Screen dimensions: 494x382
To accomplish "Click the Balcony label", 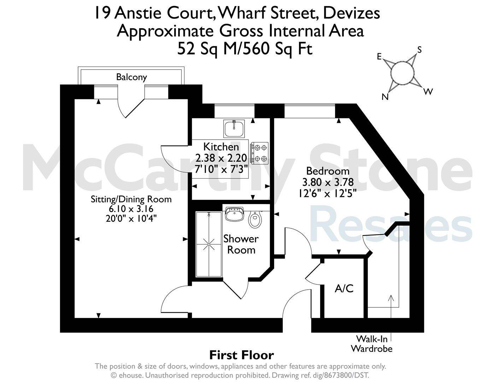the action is pos(131,77).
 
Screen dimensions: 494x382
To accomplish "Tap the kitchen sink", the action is pos(234,129).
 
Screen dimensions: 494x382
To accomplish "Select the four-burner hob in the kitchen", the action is pos(259,153).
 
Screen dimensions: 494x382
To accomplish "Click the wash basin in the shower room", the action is pos(234,214).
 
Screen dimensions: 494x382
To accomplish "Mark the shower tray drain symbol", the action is pos(209,244).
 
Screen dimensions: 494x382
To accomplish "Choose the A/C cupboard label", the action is pos(344,289).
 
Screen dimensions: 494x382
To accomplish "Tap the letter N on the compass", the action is pos(385,97).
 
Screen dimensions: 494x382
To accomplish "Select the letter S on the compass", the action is pos(419,50).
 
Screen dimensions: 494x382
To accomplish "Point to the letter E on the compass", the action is pos(379,57).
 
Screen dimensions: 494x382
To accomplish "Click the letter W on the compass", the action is pos(428,92).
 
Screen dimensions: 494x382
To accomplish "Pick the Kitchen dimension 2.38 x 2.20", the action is pos(221,158).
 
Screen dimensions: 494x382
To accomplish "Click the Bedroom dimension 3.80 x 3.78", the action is pos(328,182).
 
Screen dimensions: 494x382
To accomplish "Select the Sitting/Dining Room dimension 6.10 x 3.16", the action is pos(131,209).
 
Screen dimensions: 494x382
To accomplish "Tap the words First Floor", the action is pos(241,355).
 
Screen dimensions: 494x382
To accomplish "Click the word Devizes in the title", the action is pos(351,13).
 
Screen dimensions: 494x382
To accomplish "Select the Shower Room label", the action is pos(241,244).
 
